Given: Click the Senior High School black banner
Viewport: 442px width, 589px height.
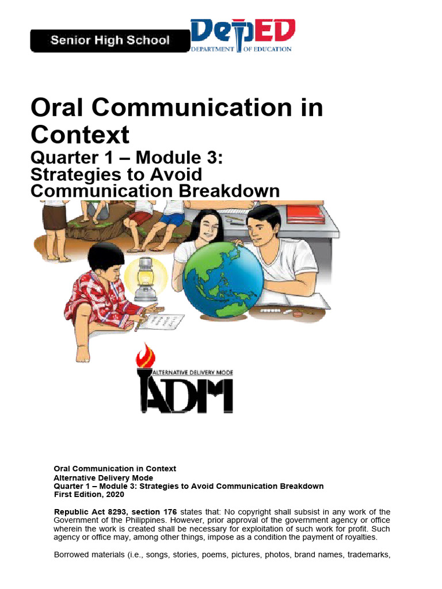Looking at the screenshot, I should pyautogui.click(x=109, y=41).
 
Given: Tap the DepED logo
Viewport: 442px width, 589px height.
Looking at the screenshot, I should pyautogui.click(x=243, y=36).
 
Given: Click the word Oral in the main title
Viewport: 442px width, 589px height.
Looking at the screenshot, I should pyautogui.click(x=58, y=109).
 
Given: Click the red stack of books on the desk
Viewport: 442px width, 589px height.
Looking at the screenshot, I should pyautogui.click(x=306, y=214).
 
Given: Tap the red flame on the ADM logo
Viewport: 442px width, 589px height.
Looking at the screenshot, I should pyautogui.click(x=142, y=356).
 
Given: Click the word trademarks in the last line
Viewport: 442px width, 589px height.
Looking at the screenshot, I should pyautogui.click(x=366, y=554).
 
